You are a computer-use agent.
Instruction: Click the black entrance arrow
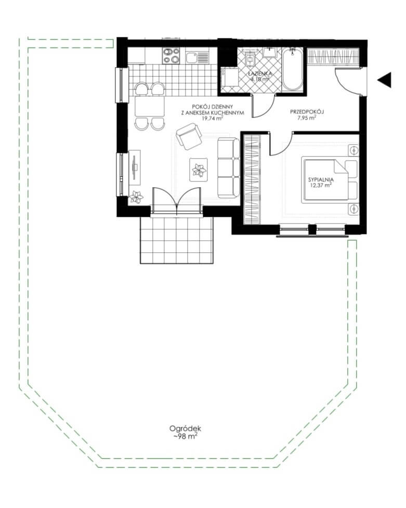pyautogui.click(x=385, y=80)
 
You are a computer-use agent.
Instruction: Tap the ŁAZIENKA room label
pyautogui.click(x=261, y=73)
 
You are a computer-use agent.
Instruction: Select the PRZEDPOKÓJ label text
pyautogui.click(x=307, y=112)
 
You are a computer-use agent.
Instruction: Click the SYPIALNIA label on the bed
pyautogui.click(x=321, y=179)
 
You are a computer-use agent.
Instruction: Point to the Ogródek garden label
pyautogui.click(x=186, y=428)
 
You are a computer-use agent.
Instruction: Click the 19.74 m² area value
pyautogui.click(x=212, y=118)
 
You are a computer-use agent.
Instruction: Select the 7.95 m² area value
pyautogui.click(x=307, y=118)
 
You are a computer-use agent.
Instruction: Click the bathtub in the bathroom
pyautogui.click(x=293, y=70)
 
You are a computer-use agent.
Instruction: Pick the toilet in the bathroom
pyautogui.click(x=251, y=58)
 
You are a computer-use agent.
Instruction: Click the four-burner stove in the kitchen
pyautogui.click(x=171, y=56)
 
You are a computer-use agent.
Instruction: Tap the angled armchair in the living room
pyautogui.click(x=189, y=136)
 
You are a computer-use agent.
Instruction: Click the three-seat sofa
pyautogui.click(x=228, y=168)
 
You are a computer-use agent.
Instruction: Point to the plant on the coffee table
pyautogui.click(x=199, y=170)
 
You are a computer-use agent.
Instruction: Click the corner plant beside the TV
pyautogui.click(x=137, y=197)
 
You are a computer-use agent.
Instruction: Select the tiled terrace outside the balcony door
pyautogui.click(x=177, y=240)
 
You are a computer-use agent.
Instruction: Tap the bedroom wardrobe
pyautogui.click(x=252, y=179)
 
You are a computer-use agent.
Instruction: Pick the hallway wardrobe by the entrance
pyautogui.click(x=333, y=56)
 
